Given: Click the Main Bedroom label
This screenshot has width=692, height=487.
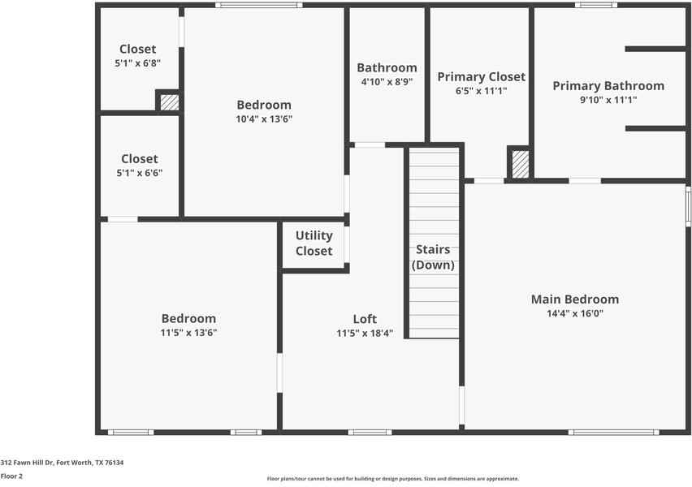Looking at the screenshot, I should [574, 299].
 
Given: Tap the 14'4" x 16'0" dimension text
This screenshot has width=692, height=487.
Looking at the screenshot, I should [574, 312].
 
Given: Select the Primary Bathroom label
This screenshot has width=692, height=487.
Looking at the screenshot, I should [608, 85].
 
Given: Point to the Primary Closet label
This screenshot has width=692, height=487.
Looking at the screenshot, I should [481, 76].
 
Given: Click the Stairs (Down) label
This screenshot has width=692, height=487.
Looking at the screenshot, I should [433, 257].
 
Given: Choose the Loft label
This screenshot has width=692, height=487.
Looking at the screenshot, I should [365, 319].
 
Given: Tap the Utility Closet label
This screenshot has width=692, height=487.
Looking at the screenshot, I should [314, 243].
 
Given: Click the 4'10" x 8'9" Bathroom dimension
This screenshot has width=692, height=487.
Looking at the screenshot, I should [387, 81].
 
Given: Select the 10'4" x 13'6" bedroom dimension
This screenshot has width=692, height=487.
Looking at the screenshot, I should [264, 119].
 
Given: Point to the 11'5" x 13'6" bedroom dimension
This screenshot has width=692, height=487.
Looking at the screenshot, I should [188, 332].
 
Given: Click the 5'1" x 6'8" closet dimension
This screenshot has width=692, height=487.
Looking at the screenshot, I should [137, 62].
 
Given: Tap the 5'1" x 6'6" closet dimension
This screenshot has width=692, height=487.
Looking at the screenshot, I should [139, 172].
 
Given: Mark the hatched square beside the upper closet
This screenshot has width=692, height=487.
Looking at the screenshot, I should [169, 102].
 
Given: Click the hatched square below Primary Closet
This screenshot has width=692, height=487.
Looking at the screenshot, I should [521, 164].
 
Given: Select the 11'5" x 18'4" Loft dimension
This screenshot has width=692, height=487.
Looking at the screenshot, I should [365, 333].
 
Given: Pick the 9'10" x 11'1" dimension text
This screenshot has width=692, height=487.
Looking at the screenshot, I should [608, 100].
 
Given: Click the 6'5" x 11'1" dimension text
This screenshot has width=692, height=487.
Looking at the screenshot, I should [481, 91].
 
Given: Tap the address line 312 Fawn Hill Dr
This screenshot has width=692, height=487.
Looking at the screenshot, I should [62, 463].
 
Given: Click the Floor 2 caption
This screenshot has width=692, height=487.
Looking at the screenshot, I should [11, 476].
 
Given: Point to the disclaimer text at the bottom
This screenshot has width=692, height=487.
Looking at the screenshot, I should [392, 479].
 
